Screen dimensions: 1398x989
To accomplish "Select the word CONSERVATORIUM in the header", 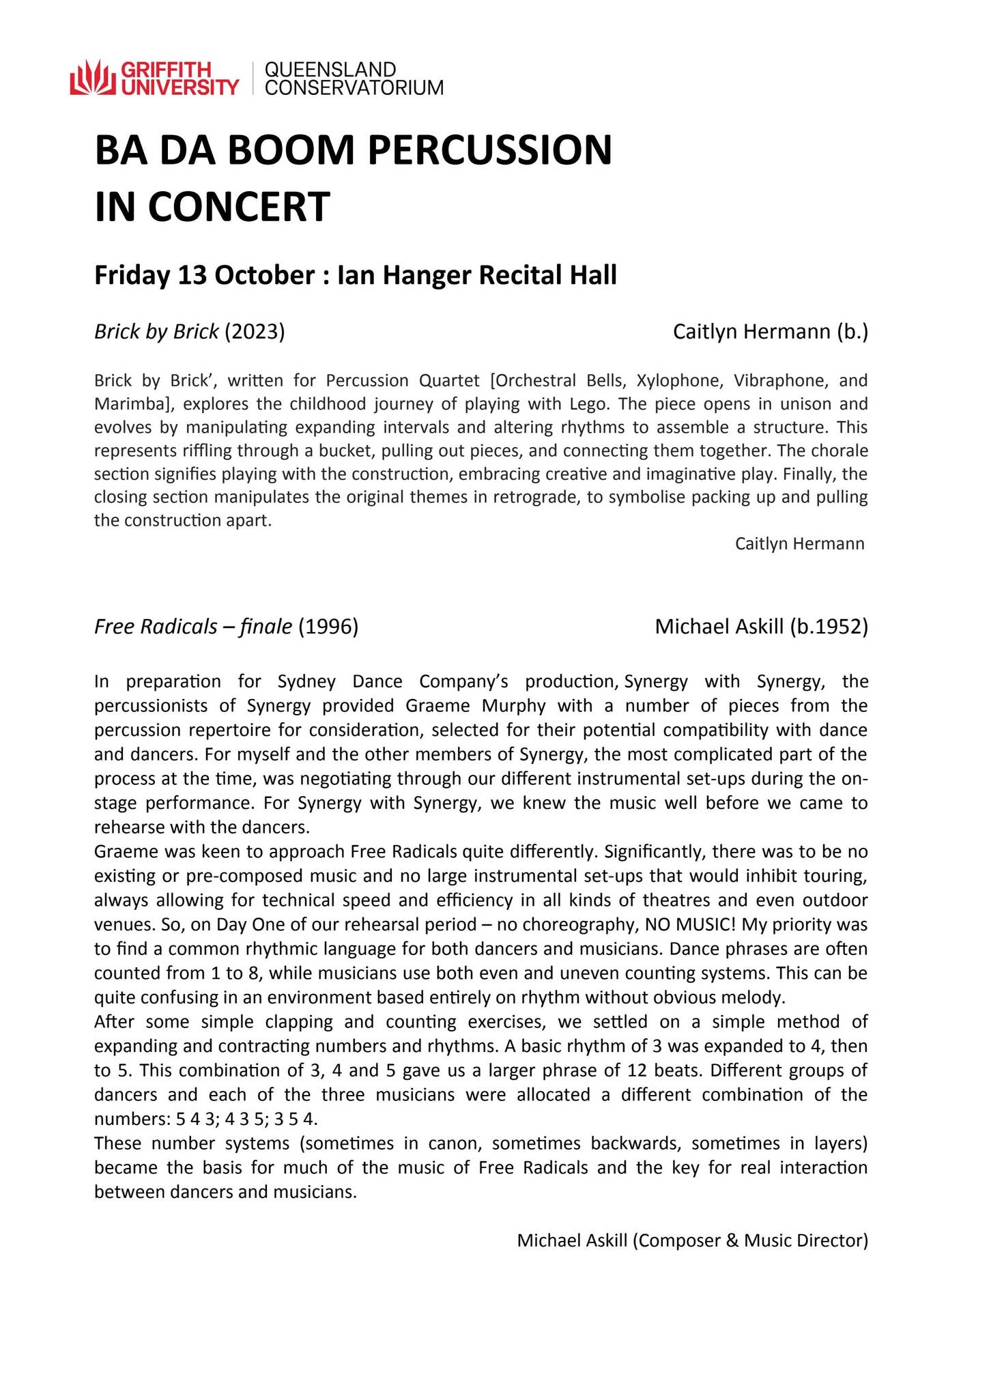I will click(x=354, y=87).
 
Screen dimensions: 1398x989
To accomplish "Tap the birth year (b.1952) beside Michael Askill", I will click(x=829, y=627).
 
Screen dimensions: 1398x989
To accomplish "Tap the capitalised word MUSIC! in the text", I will click(x=702, y=925).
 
